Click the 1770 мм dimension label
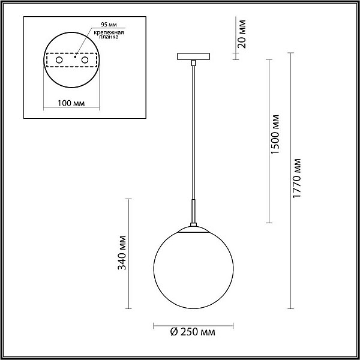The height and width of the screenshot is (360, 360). (x=297, y=178)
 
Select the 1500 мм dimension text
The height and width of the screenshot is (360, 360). (x=275, y=134)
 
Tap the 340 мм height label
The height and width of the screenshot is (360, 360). (x=122, y=253)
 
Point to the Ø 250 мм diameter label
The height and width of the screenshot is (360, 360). (x=193, y=332)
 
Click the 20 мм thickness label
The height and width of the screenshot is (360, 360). (x=242, y=34)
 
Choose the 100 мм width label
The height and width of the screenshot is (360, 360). (x=71, y=103)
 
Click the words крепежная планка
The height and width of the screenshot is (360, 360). (x=109, y=34)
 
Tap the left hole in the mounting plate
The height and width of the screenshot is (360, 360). (x=59, y=60)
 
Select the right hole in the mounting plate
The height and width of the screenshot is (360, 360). (x=85, y=60)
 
